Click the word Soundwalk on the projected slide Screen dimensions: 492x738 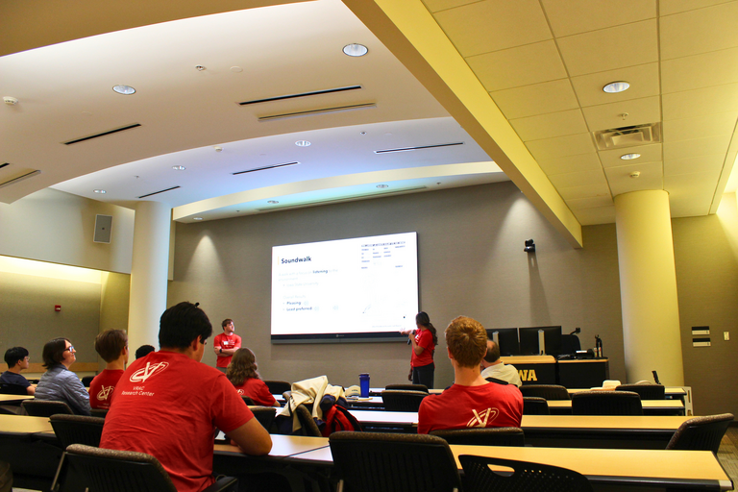tap(297, 259)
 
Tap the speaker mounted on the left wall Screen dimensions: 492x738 tap(103, 229)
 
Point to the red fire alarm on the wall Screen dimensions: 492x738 tap(58, 307)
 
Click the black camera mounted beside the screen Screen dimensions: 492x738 tap(529, 246)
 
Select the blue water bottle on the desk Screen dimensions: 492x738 tap(364, 384)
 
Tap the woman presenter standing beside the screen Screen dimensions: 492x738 tap(422, 348)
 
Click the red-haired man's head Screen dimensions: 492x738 tap(466, 341)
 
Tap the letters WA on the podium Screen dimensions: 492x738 tap(527, 375)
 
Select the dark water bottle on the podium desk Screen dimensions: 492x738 tap(598, 346)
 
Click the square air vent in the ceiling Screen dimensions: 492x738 tap(627, 135)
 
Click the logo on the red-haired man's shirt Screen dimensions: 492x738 tap(481, 416)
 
